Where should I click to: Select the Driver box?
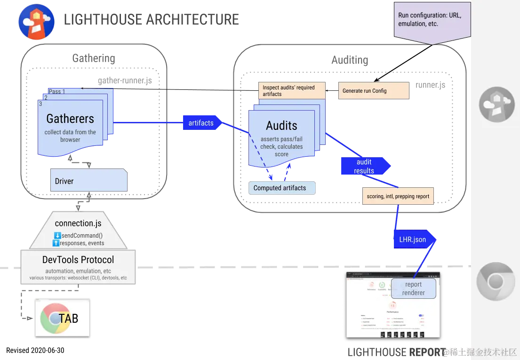88,181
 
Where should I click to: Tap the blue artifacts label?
201,123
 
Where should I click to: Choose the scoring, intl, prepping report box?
398,196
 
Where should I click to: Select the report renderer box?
413,288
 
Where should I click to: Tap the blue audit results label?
364,167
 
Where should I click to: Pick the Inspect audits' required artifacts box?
292,90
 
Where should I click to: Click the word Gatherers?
70,119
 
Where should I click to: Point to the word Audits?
281,126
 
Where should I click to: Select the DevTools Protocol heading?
78,260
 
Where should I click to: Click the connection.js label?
78,223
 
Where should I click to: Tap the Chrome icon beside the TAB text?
53,319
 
